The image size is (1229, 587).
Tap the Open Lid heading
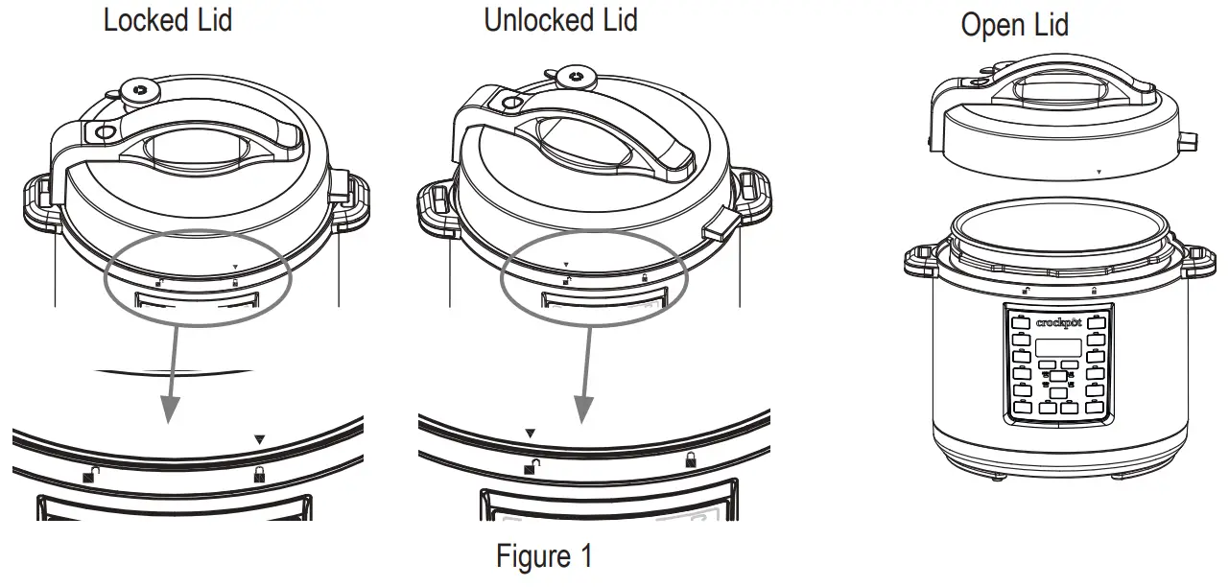[1014, 25]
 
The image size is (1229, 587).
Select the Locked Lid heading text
[167, 20]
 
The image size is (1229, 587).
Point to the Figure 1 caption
[544, 556]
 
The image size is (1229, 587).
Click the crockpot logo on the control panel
[1058, 323]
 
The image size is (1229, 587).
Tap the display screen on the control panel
[1058, 346]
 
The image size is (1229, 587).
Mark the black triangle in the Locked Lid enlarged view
[258, 439]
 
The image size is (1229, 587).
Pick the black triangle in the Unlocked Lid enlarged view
[530, 434]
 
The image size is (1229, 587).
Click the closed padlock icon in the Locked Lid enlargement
[258, 474]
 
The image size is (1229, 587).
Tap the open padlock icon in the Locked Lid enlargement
[90, 473]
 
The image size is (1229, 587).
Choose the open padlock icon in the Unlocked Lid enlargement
[532, 467]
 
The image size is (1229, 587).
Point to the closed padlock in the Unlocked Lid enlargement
[691, 460]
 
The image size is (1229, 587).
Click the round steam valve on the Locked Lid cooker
[140, 92]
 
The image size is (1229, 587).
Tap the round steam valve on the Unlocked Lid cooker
[575, 77]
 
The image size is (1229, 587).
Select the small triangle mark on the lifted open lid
[1099, 173]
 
